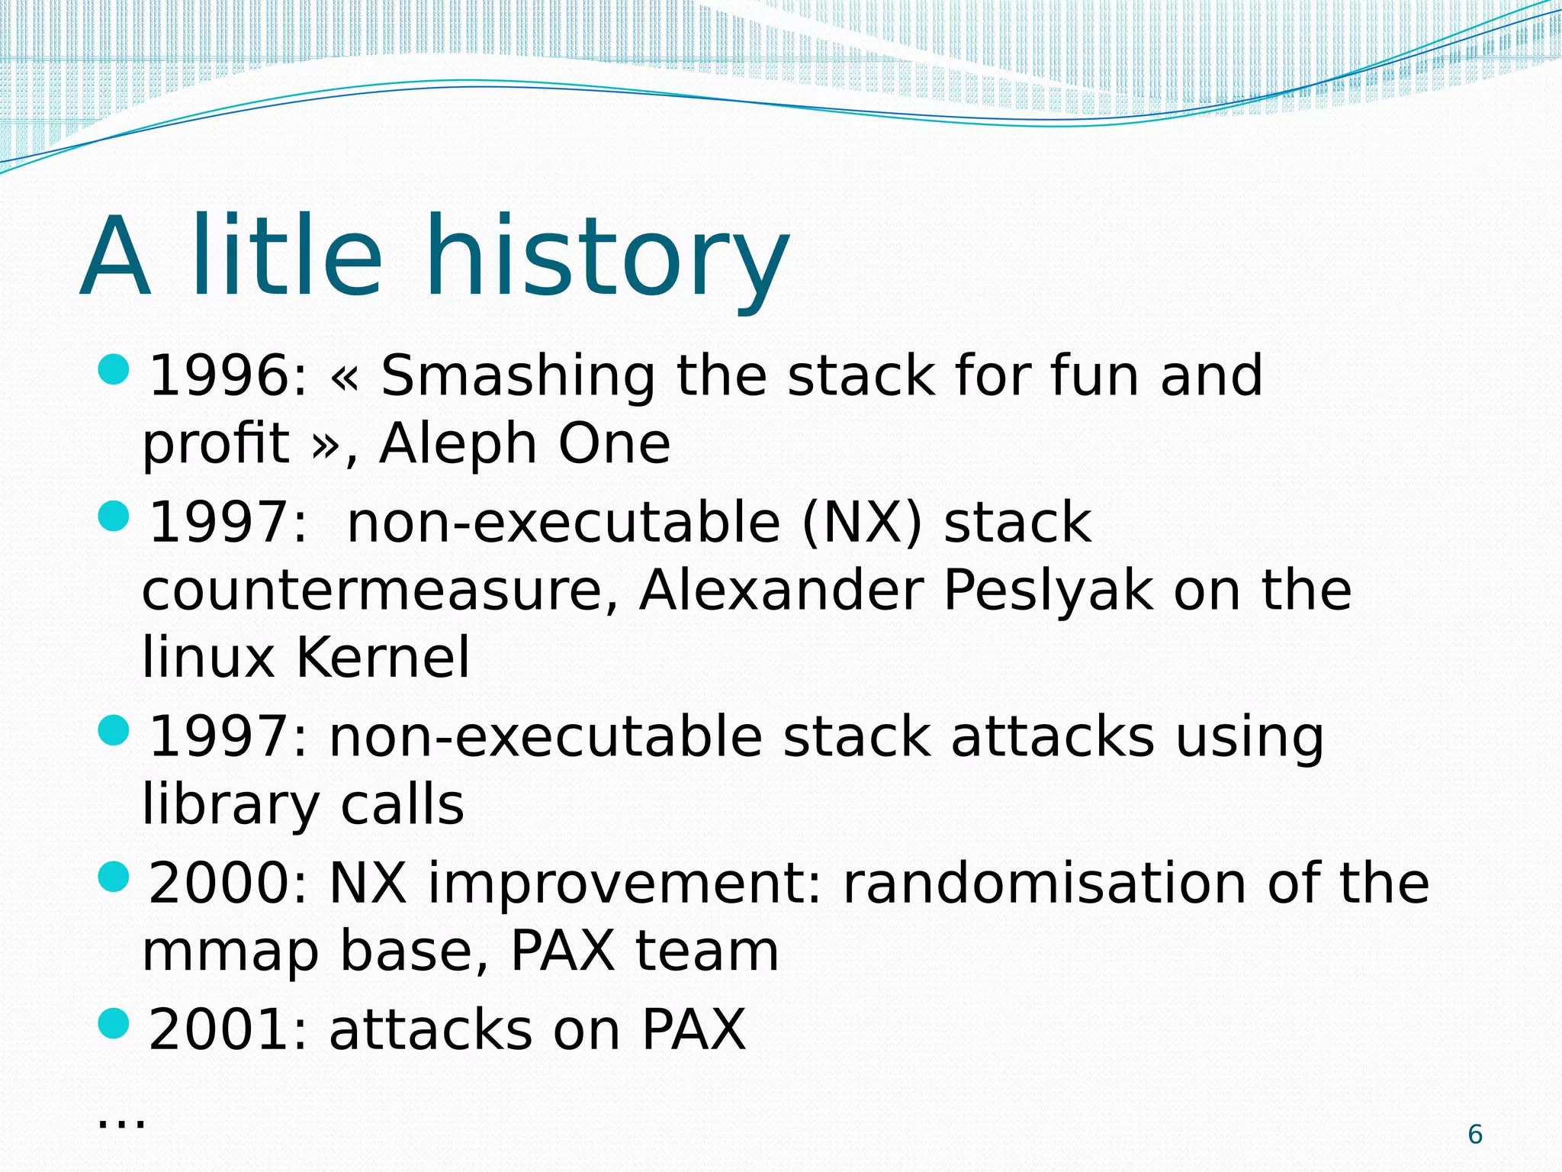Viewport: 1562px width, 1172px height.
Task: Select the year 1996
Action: (x=220, y=376)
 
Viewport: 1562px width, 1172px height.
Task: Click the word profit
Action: (x=216, y=445)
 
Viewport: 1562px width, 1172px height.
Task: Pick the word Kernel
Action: (x=383, y=658)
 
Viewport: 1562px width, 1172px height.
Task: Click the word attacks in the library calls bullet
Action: (x=1053, y=738)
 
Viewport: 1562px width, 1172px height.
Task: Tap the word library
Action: (x=231, y=806)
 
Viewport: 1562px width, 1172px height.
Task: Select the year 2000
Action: (x=220, y=884)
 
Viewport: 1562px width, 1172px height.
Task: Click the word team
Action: (x=707, y=951)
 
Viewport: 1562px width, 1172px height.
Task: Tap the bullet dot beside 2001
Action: (x=114, y=1023)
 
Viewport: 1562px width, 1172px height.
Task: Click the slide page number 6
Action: (x=1475, y=1135)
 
